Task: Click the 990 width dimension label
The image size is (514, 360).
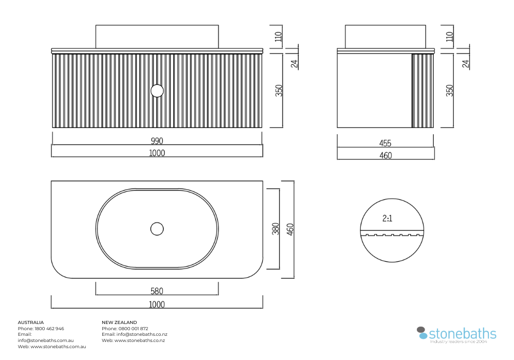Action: (x=157, y=140)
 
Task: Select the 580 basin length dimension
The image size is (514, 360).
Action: (x=157, y=291)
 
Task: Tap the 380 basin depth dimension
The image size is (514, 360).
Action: (x=276, y=229)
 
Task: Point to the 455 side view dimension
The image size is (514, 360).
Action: (x=385, y=143)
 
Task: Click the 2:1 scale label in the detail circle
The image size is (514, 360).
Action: (x=387, y=218)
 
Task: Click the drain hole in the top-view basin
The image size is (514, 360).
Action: (x=157, y=229)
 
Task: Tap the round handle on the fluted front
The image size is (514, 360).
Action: (x=157, y=91)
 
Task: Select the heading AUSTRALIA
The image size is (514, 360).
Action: (x=31, y=322)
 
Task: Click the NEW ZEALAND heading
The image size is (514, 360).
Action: (x=119, y=322)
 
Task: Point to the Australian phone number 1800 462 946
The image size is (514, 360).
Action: (x=49, y=329)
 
